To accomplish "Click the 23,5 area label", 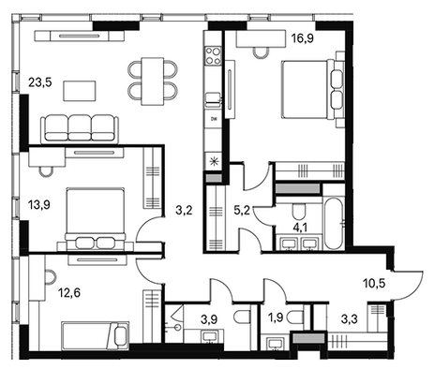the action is pos(39,82).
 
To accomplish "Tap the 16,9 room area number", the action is pos(302,38).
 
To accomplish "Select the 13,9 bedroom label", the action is pos(39,205).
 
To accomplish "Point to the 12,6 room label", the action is pos(69,293).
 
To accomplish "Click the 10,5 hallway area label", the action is pos(374,284).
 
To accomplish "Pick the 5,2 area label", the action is pos(242,211).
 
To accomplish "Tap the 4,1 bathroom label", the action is pos(300,228).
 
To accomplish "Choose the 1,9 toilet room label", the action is pos(276,317).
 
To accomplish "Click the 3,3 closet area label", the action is pos(350,319).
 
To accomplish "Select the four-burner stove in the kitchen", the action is pos(213,55).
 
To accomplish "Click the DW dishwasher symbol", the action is pos(214,119).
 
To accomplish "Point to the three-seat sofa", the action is pos(80,129).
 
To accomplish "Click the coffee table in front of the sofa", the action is pos(80,91).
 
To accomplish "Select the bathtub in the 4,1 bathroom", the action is pos(334,226).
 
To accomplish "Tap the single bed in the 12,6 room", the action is pos(96,336).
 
